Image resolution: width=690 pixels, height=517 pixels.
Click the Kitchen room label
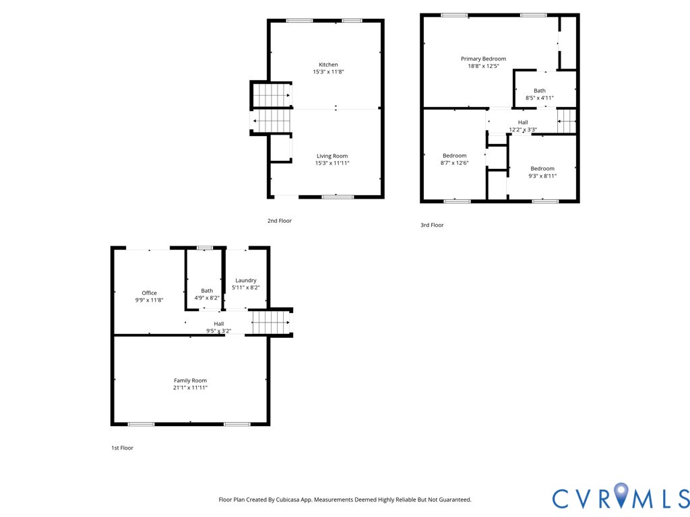tap(328, 65)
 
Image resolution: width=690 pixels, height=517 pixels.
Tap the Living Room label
tap(332, 156)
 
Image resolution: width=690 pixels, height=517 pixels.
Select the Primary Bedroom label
tap(483, 59)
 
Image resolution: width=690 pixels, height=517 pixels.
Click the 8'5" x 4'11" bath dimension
tap(539, 98)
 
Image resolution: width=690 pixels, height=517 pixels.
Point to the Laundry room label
tap(245, 280)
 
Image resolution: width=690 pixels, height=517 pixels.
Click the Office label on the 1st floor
tap(149, 293)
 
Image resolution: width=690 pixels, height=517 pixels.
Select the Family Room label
tap(190, 380)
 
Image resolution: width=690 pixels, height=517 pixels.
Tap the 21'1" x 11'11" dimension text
tap(190, 388)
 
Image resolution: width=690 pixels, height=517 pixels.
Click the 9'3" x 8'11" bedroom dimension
tap(542, 176)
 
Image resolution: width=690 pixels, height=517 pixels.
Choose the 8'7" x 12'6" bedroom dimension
tap(454, 163)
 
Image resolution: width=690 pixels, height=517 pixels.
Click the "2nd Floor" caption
tap(280, 221)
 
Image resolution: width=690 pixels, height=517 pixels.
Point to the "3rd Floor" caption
tap(432, 226)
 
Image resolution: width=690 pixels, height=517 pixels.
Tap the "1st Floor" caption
tap(122, 448)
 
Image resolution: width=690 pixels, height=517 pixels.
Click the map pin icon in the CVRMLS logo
tap(621, 496)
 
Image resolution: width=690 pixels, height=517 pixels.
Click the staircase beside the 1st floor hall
tap(271, 322)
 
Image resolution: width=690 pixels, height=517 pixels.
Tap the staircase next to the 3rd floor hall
tap(567, 122)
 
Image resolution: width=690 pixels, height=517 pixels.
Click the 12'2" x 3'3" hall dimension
tap(523, 129)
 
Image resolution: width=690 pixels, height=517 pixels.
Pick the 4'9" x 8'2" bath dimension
tap(206, 298)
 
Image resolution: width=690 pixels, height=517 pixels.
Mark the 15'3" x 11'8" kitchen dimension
tap(328, 72)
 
